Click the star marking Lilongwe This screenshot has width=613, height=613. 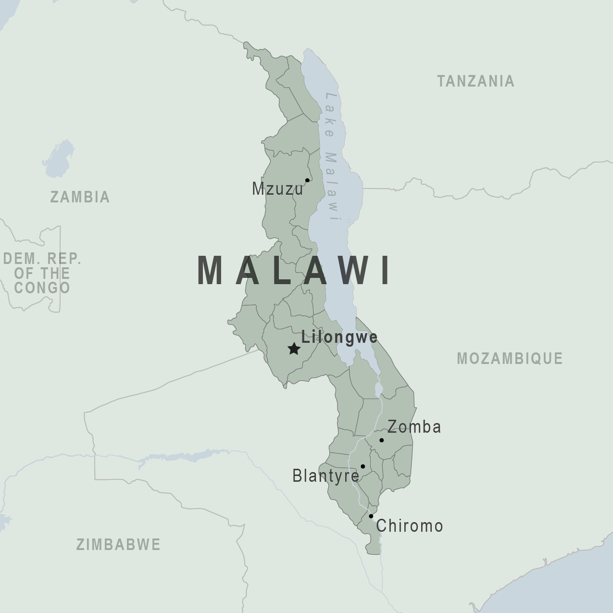click(x=294, y=349)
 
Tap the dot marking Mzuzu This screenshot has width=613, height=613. click(x=307, y=180)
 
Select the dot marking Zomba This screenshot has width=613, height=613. click(x=381, y=440)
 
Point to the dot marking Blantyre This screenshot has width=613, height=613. click(x=363, y=466)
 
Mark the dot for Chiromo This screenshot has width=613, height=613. click(x=371, y=516)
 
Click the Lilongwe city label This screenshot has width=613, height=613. click(x=339, y=337)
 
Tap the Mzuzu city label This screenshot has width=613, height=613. click(x=278, y=189)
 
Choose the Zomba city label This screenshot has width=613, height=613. click(x=414, y=427)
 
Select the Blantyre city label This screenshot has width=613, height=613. click(x=325, y=476)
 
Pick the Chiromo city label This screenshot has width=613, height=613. click(x=409, y=526)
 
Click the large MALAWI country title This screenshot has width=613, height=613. click(x=294, y=271)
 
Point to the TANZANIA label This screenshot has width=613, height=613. click(x=475, y=81)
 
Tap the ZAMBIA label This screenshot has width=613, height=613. click(x=80, y=197)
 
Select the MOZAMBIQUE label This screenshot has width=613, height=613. click(x=510, y=358)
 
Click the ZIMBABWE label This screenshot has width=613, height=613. click(x=118, y=544)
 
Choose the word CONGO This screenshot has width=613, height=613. click(x=42, y=288)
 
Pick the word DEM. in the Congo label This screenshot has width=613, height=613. click(x=20, y=259)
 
